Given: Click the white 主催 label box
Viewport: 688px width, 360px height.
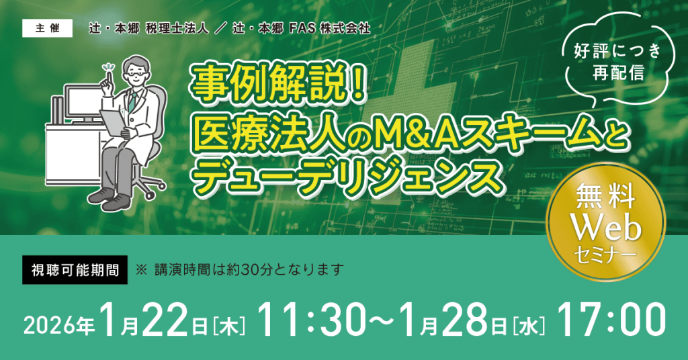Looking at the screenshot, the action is coord(48,28).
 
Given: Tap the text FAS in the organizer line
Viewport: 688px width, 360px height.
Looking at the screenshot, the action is coord(302,29).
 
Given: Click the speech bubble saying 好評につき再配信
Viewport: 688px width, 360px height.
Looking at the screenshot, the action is coord(617,61).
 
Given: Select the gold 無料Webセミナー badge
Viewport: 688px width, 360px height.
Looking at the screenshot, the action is coord(607,222).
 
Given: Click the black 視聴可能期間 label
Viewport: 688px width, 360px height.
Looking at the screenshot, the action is coord(75,270).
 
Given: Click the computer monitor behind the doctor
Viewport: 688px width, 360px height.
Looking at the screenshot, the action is coord(83,103).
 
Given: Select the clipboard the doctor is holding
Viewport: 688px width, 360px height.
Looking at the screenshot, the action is coord(112,122).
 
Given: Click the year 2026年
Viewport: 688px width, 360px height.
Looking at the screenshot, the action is coord(59,325).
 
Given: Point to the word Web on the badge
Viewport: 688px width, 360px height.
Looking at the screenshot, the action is coord(607,228).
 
